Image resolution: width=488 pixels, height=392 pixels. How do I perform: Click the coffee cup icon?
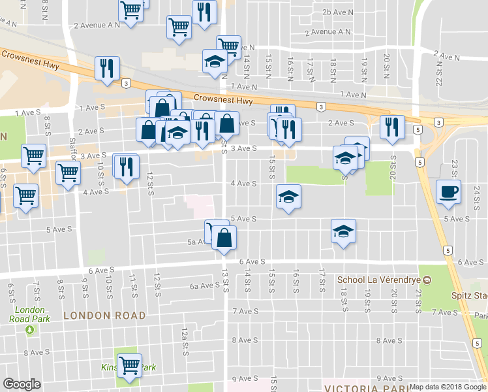(x=448, y=192)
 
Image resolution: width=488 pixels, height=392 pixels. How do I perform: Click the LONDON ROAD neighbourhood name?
(x=104, y=316)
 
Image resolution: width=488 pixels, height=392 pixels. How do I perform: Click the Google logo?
(x=22, y=384)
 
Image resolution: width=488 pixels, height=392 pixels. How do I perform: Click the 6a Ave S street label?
(x=205, y=286)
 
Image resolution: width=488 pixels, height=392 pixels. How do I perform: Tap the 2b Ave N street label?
(x=338, y=12)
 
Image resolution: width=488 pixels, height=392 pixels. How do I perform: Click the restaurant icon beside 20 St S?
(x=392, y=127)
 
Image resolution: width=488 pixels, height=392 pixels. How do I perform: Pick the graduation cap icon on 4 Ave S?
(x=288, y=195)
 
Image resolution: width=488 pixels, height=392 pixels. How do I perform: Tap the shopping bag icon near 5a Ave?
(x=224, y=237)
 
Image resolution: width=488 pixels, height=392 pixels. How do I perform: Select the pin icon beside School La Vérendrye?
(x=427, y=280)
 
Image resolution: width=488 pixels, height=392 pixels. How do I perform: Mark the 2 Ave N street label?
(x=447, y=57)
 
